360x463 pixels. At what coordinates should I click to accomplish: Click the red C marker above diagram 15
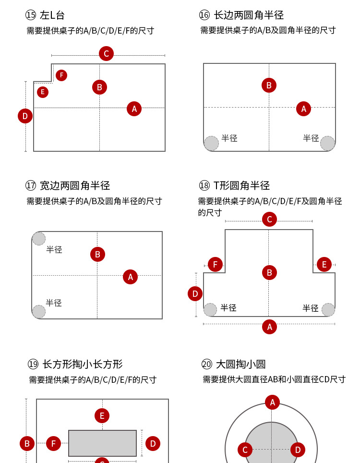(106, 54)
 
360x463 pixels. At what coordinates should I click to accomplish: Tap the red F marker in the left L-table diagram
(61, 75)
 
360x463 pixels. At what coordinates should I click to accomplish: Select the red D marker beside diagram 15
(25, 116)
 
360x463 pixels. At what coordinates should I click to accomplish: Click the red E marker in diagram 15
(43, 92)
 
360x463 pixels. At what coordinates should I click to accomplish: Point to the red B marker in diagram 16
(269, 85)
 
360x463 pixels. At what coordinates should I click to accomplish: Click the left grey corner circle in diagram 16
(211, 144)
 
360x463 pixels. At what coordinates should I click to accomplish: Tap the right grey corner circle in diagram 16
(327, 144)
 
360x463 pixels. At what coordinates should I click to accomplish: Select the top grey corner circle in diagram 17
(39, 239)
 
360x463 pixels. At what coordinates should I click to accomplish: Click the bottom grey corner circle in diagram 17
(39, 312)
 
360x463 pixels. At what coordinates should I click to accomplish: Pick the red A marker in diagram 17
(130, 277)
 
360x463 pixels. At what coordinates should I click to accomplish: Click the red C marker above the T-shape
(269, 219)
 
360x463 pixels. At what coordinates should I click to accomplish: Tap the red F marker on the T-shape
(215, 265)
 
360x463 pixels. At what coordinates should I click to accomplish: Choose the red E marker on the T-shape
(324, 265)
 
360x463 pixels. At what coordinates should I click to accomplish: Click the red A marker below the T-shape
(269, 327)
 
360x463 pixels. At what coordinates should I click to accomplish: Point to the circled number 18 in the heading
(204, 186)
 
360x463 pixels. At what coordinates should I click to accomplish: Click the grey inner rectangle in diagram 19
(102, 443)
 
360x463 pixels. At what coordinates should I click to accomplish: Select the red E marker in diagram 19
(102, 416)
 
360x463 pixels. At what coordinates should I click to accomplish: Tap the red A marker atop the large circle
(272, 402)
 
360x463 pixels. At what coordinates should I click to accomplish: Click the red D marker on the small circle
(298, 450)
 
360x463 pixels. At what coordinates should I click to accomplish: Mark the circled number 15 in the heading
(31, 15)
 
